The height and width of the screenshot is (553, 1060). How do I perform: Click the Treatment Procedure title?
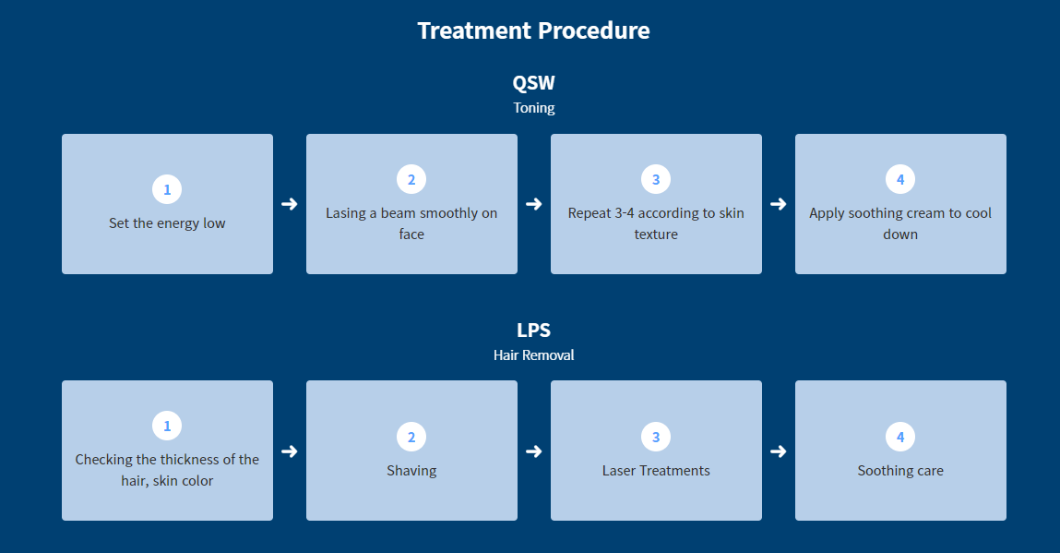pos(533,30)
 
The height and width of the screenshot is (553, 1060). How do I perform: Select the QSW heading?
pos(533,82)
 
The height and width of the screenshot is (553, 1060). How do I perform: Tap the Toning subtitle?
pos(533,108)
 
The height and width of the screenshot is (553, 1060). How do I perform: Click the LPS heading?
pos(533,330)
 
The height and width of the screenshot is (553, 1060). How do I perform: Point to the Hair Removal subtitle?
pos(533,355)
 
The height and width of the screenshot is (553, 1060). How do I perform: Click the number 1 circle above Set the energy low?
pos(167,189)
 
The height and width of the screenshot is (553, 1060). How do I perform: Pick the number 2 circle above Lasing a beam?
pos(411,179)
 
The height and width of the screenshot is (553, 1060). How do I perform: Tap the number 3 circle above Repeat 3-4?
pos(656,179)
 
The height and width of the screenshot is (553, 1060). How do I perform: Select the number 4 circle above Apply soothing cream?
pos(900,179)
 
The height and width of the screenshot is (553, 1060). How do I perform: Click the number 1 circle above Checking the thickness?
pos(167,426)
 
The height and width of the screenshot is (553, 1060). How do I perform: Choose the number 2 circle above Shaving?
pos(411,438)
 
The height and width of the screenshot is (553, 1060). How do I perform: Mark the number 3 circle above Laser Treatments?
pos(656,438)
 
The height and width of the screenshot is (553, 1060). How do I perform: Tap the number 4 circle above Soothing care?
pos(900,438)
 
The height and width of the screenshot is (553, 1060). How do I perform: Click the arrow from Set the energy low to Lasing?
pos(290,204)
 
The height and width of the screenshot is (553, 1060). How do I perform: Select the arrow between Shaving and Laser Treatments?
pos(534,451)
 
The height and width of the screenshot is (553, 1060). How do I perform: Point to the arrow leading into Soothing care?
pos(778,451)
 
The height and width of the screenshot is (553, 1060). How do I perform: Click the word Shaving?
pos(411,471)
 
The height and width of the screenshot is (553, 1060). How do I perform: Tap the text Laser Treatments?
pos(656,471)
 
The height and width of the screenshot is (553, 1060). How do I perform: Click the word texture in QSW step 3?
pos(656,234)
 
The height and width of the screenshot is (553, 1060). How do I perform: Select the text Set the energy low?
pos(167,223)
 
